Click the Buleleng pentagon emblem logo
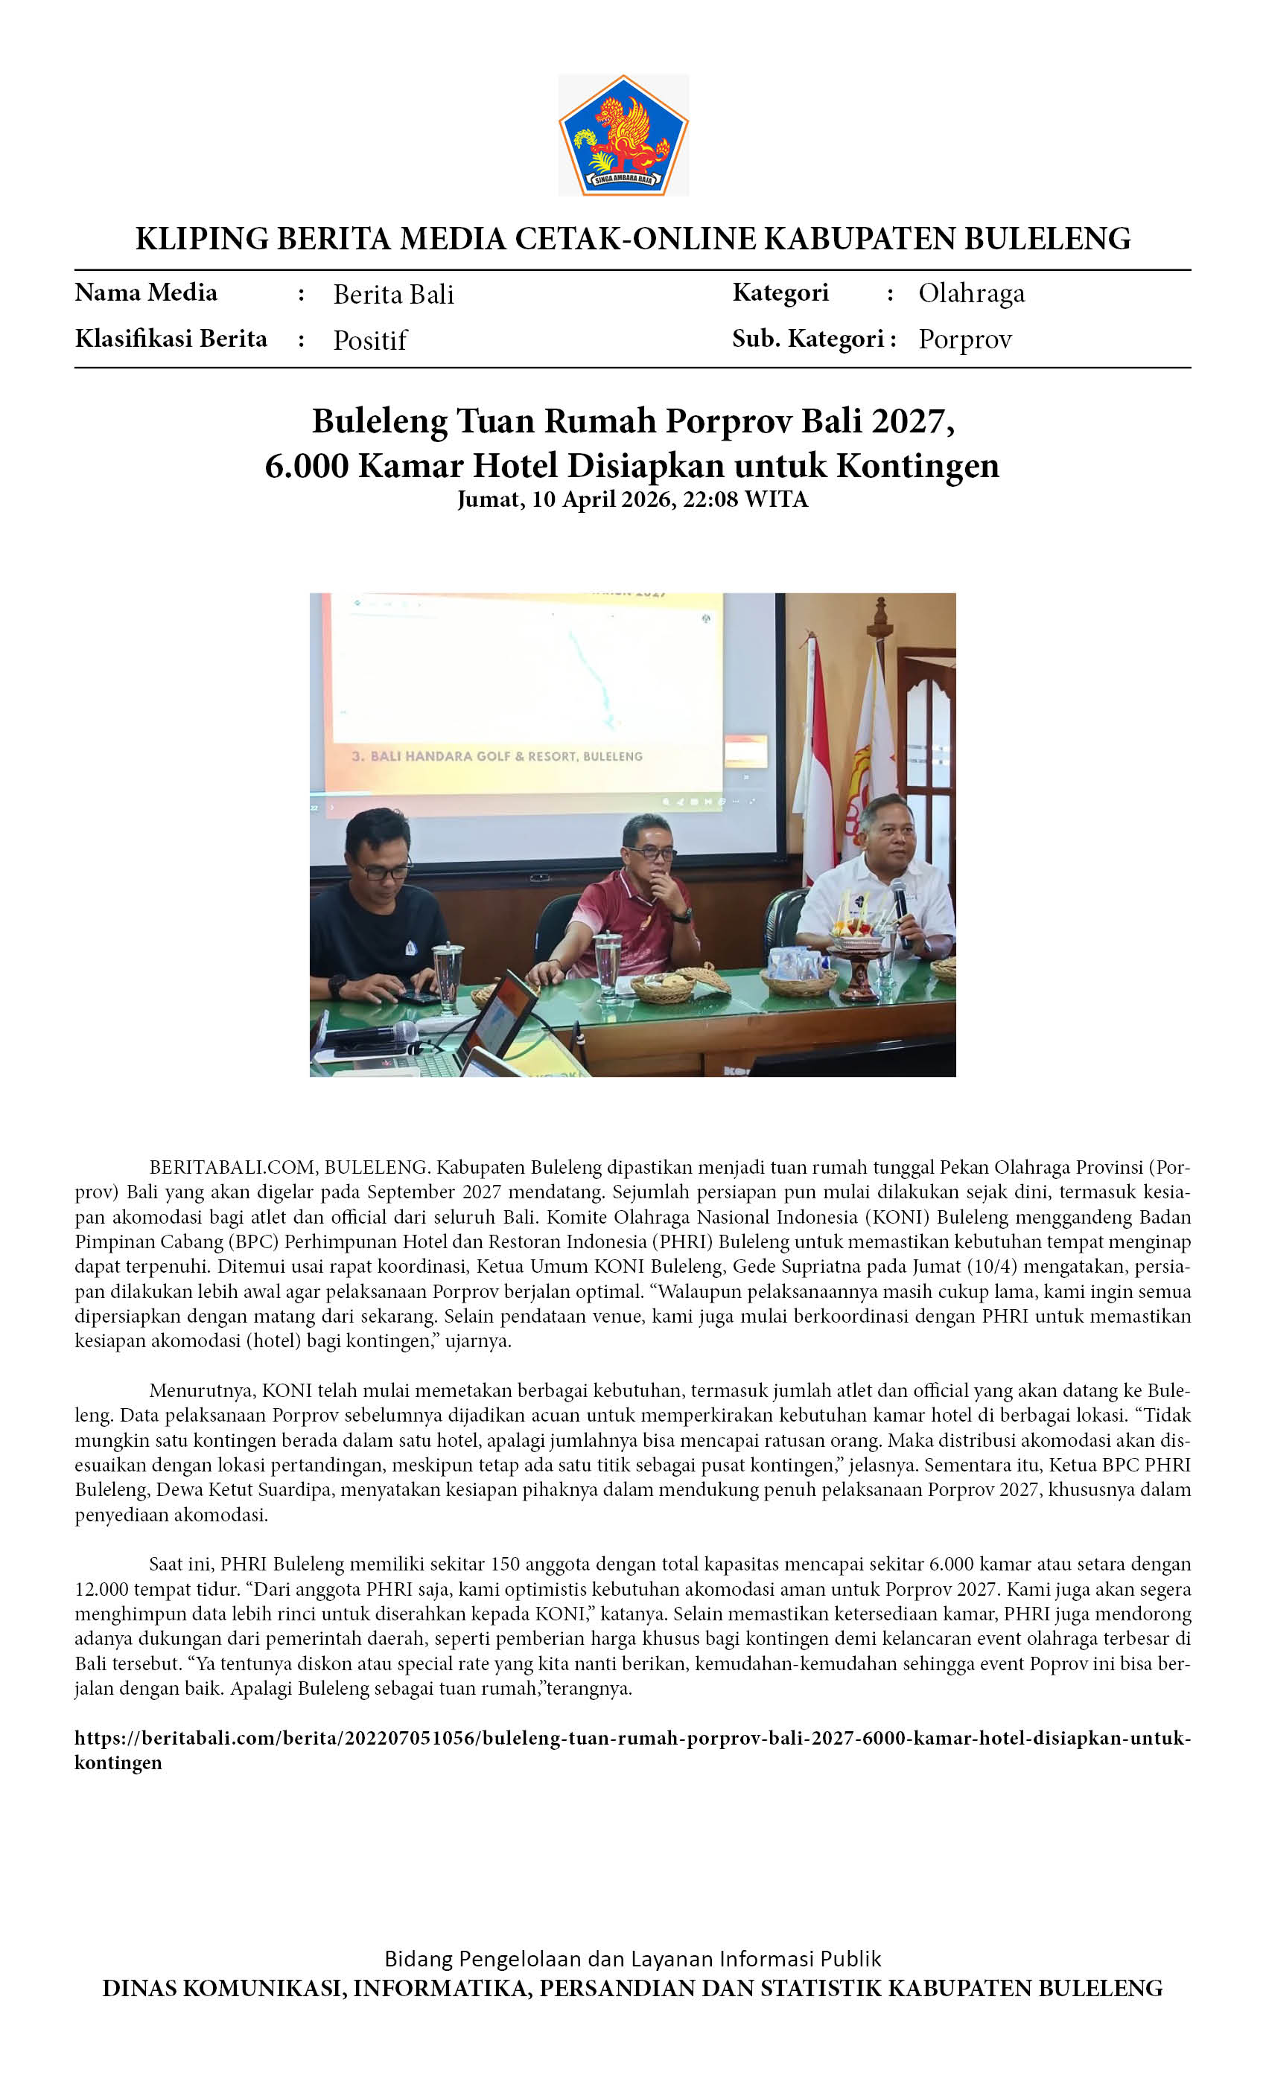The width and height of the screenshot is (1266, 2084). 624,135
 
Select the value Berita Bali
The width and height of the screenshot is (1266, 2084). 393,294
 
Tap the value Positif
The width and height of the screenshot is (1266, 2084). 370,340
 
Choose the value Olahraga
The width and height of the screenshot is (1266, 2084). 972,293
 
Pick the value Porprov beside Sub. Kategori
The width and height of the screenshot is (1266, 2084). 964,339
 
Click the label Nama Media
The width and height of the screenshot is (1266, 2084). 145,293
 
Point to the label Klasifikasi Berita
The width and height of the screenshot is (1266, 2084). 171,339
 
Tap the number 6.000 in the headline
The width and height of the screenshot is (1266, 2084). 306,465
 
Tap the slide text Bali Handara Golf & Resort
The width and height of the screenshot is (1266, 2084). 497,756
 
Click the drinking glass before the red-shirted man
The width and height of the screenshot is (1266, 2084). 607,964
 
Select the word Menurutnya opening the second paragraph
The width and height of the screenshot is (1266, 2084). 200,1390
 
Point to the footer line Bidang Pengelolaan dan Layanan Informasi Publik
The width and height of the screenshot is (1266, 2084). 632,1959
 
